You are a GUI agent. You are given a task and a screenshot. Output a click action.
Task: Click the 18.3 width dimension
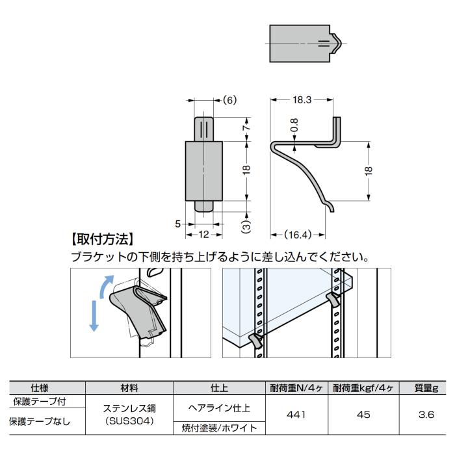pyautogui.click(x=302, y=100)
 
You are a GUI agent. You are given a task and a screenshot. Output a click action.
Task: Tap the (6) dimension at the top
pyautogui.click(x=229, y=100)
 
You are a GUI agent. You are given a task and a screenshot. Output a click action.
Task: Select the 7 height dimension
pyautogui.click(x=246, y=127)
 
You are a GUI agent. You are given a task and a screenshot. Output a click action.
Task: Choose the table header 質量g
pyautogui.click(x=426, y=388)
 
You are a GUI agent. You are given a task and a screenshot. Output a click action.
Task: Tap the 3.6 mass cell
pyautogui.click(x=426, y=414)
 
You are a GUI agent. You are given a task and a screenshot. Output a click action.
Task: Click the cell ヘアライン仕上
pyautogui.click(x=219, y=408)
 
